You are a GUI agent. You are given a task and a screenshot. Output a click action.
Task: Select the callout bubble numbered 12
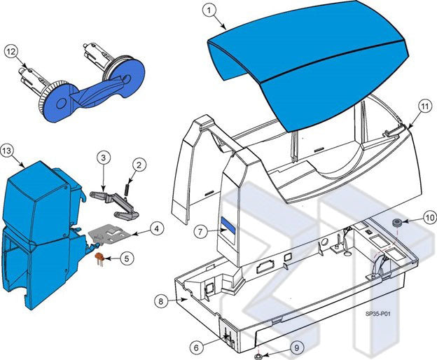[x=11, y=51]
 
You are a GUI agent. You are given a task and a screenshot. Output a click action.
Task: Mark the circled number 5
[x=126, y=258]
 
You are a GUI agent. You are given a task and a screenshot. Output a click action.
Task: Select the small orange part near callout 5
[x=100, y=259]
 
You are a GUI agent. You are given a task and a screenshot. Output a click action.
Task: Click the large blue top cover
[x=308, y=67]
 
